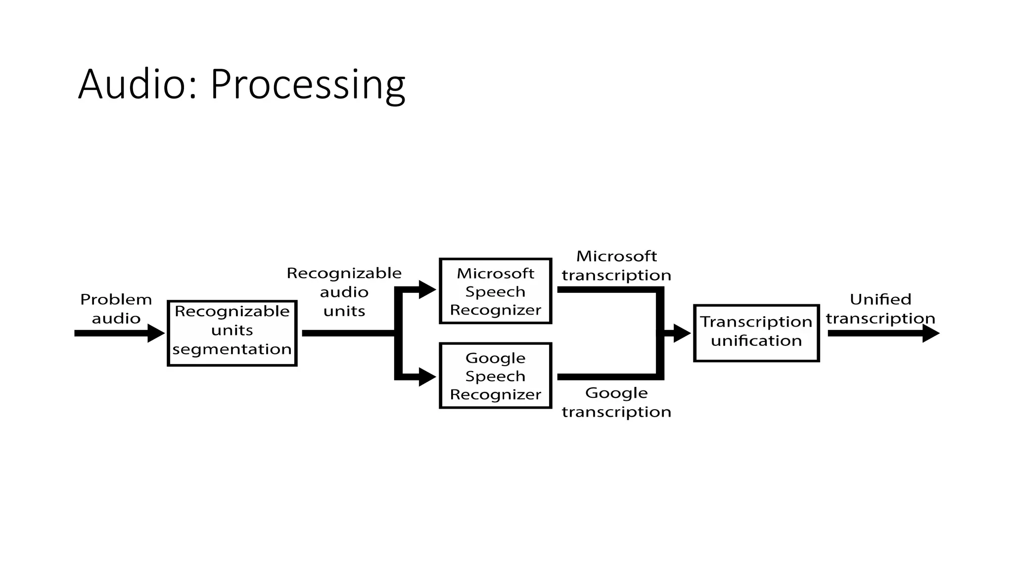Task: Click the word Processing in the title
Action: (307, 85)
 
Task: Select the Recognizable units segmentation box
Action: (232, 333)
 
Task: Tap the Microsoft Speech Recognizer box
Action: (495, 291)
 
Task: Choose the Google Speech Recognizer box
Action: (495, 376)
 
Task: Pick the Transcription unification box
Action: (756, 333)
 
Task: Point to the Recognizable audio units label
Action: (344, 292)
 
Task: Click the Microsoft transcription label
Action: (616, 266)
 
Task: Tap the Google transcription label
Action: (616, 402)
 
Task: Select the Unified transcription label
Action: (880, 309)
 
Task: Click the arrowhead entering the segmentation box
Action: (156, 333)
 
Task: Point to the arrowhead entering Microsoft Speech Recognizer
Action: (427, 289)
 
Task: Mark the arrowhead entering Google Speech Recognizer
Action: (427, 377)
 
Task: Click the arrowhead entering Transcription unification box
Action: (682, 333)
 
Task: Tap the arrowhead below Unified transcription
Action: (930, 333)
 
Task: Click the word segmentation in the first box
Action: (232, 349)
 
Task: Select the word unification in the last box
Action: (756, 341)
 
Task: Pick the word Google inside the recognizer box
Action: (495, 358)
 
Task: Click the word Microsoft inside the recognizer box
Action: (495, 273)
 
